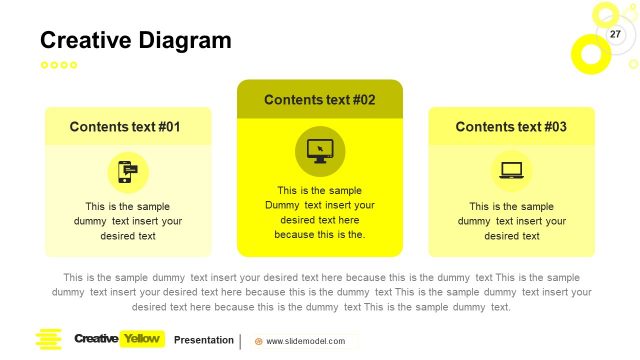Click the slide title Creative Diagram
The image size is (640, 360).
[x=135, y=40]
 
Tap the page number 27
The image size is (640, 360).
[x=615, y=35]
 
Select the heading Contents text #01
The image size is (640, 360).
[x=125, y=127]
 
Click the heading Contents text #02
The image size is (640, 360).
[x=319, y=100]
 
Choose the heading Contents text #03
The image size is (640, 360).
[x=511, y=127]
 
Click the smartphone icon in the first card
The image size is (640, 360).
[x=128, y=172]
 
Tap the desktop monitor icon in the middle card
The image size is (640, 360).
[x=320, y=151]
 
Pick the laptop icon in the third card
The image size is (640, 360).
[x=512, y=171]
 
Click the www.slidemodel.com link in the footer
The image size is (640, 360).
[x=305, y=341]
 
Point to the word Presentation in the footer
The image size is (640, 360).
[x=203, y=340]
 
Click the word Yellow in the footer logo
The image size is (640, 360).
[x=141, y=339]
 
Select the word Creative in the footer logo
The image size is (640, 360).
[x=96, y=339]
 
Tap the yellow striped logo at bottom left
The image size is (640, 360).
[x=48, y=340]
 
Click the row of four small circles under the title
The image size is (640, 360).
[x=58, y=65]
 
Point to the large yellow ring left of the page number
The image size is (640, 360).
[x=590, y=52]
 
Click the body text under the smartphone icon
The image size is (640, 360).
[x=128, y=221]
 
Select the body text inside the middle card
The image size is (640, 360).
[x=320, y=212]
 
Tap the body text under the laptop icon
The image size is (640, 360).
[x=512, y=221]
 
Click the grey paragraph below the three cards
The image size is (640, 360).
[x=320, y=292]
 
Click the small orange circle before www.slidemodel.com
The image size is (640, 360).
[x=259, y=341]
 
